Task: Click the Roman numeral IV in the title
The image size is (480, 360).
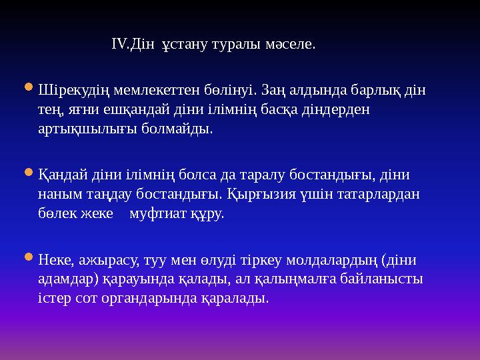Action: (118, 46)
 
